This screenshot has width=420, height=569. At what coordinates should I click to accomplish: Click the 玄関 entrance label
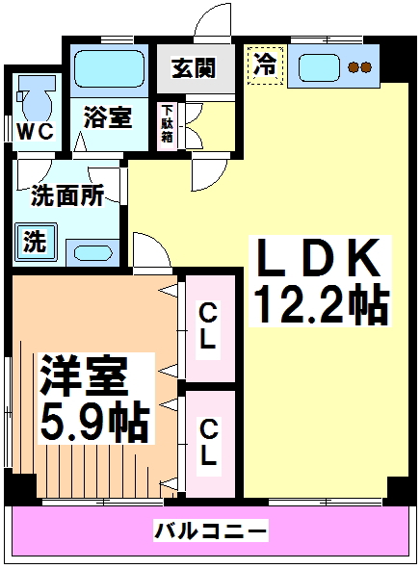pyautogui.click(x=194, y=67)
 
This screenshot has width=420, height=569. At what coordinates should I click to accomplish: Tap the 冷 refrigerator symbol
pyautogui.click(x=265, y=65)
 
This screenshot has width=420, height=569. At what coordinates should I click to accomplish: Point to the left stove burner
pyautogui.click(x=353, y=67)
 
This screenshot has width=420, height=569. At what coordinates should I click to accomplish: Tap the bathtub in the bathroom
pyautogui.click(x=109, y=69)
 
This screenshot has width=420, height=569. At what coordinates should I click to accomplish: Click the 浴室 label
pyautogui.click(x=108, y=117)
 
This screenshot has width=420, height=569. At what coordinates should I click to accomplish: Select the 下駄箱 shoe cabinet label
pyautogui.click(x=167, y=124)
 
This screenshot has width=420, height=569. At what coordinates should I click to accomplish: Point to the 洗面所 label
pyautogui.click(x=67, y=195)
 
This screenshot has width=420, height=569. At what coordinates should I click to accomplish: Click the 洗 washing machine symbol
pyautogui.click(x=36, y=242)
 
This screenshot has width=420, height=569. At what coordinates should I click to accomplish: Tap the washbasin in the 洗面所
pyautogui.click(x=92, y=252)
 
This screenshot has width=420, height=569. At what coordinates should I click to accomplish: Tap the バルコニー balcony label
pyautogui.click(x=211, y=531)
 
